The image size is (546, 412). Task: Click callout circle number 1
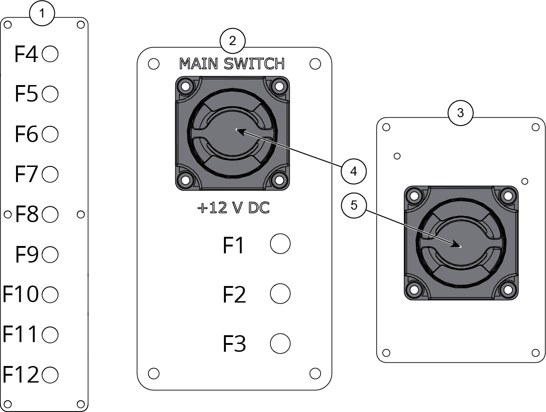click(42, 13)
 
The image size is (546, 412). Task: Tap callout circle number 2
click(233, 41)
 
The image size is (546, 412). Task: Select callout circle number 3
click(460, 113)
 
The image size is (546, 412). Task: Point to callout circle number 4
click(353, 171)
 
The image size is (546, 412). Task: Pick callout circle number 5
click(354, 205)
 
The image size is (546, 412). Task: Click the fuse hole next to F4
click(50, 54)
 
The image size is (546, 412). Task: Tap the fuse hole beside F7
click(50, 174)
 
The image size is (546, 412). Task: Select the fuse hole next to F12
click(50, 375)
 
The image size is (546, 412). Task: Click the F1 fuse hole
click(280, 244)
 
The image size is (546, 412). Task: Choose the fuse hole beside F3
click(280, 343)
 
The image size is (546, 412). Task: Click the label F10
click(21, 294)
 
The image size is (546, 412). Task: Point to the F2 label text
click(234, 294)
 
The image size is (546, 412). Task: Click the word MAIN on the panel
click(198, 63)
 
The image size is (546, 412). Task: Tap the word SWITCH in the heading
click(254, 63)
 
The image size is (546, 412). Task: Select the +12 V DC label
click(233, 208)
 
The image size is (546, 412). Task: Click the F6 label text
click(26, 134)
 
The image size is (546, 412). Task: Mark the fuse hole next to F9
click(50, 254)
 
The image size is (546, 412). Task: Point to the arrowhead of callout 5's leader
click(456, 245)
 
